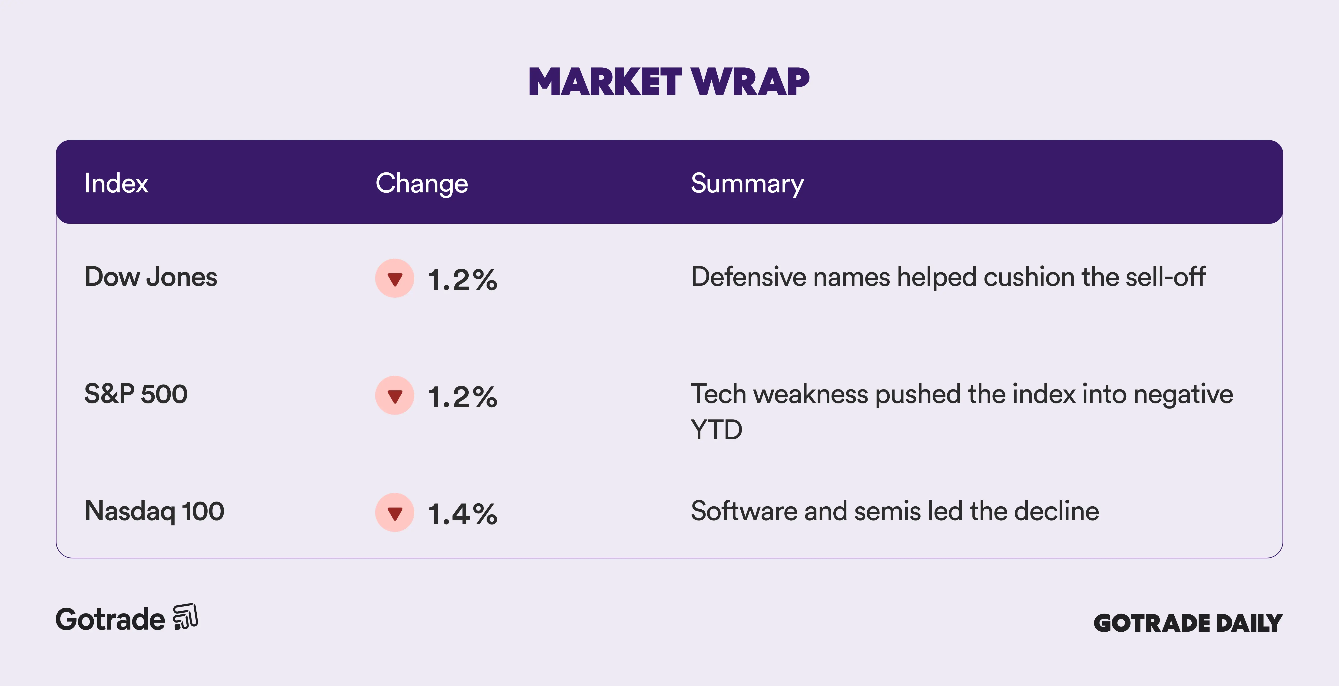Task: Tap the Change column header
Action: point(421,184)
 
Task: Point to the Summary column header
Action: point(747,184)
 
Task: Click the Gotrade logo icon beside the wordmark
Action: point(186,617)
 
